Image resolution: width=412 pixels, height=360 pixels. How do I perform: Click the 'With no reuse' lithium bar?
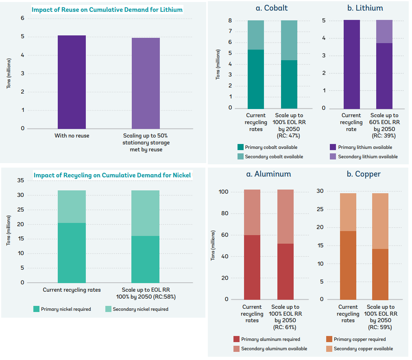pos(72,82)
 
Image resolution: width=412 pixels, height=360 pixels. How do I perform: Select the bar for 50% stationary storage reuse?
pos(146,83)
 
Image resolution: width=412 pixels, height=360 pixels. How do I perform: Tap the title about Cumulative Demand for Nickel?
pos(112,175)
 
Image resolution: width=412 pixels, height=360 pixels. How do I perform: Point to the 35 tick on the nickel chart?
pos(21,180)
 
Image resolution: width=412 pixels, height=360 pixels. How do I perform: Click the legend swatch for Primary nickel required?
pos(37,309)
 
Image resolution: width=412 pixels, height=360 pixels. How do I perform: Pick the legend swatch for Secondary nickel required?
pos(108,309)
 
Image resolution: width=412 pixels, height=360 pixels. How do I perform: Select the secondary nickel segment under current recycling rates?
pos(72,207)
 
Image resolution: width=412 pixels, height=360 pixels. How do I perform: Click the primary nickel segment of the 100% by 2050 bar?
pos(146,259)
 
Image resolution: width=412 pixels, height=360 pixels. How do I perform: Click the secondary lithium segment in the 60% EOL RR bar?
pos(384,32)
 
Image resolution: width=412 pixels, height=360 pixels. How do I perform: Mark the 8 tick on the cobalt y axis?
pos(230,20)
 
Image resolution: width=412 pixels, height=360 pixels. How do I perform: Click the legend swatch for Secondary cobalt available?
pos(241,157)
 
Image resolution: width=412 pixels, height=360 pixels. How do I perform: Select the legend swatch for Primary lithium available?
pos(333,147)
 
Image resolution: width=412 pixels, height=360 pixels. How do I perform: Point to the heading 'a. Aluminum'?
pos(268,174)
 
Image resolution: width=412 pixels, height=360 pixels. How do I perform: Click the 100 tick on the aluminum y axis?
pos(225,192)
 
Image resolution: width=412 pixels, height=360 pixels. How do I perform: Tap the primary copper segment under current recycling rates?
pos(348,265)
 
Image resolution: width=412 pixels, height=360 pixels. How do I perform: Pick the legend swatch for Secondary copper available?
pos(329,349)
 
